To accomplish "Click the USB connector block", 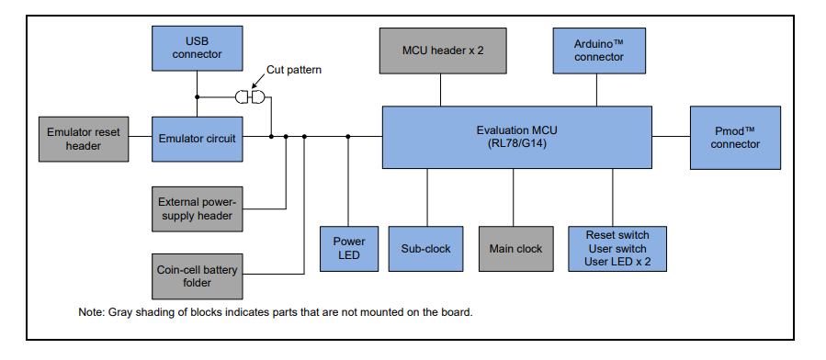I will coord(197,48).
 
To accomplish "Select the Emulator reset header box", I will coord(84,139).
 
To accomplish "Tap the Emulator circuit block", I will coord(197,139).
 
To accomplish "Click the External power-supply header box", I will coord(197,208).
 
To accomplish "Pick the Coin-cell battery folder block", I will coord(197,276).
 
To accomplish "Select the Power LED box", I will coord(348,248).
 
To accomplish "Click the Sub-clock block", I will coord(426,248).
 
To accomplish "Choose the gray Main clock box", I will coord(515,248).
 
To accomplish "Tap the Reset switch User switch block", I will coord(616,248).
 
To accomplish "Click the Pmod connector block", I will coord(735,137).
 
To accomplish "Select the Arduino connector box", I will coord(598,50).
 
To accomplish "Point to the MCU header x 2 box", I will coord(443,50).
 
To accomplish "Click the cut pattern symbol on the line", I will coord(250,96).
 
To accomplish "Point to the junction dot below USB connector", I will coord(197,96).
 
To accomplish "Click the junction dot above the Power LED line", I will coord(348,137).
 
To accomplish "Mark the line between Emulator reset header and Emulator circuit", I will coord(140,138).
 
